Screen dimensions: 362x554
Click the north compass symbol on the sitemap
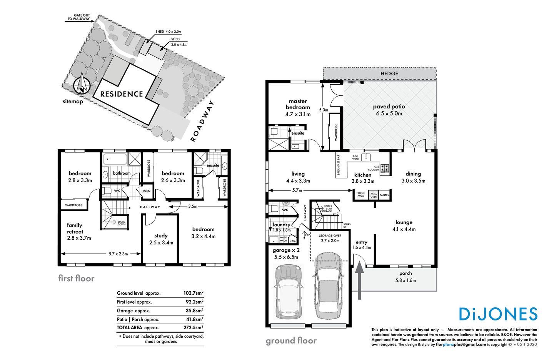tap(82, 85)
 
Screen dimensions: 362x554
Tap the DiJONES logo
tap(498, 314)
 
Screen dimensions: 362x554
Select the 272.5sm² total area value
tap(193, 328)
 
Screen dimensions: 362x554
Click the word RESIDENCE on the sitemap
tap(122, 94)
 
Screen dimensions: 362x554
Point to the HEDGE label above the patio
tap(389, 73)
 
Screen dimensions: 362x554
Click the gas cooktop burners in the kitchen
tap(384, 168)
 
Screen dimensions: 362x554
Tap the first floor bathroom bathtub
tap(114, 159)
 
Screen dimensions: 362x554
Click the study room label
tap(161, 239)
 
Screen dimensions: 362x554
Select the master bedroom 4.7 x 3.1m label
tap(298, 108)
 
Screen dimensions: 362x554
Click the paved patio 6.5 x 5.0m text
tap(389, 110)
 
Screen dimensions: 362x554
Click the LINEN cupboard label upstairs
tap(146, 191)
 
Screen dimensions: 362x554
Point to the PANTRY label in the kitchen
tap(384, 195)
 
